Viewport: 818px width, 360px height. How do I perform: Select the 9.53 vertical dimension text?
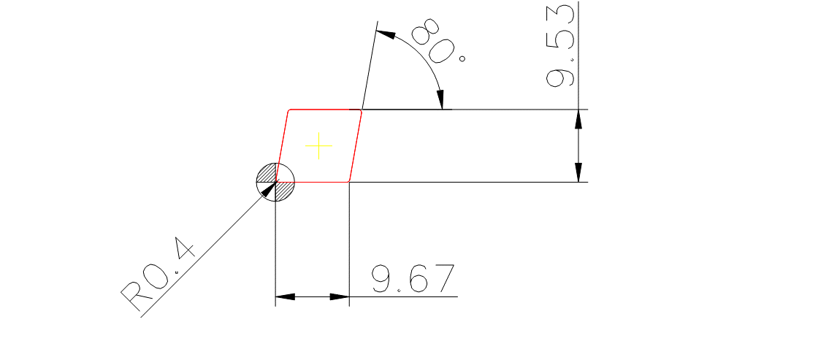coord(560,45)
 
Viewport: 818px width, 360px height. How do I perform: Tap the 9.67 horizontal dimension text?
coord(413,279)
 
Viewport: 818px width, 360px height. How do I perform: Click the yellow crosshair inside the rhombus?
coord(318,146)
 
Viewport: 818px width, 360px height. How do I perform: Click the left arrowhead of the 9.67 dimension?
coord(285,297)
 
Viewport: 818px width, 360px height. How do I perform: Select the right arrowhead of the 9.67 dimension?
coord(340,297)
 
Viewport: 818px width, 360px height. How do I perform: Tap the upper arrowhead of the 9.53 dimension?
coord(578,120)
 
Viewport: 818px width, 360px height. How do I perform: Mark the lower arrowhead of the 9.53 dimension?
coord(578,172)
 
